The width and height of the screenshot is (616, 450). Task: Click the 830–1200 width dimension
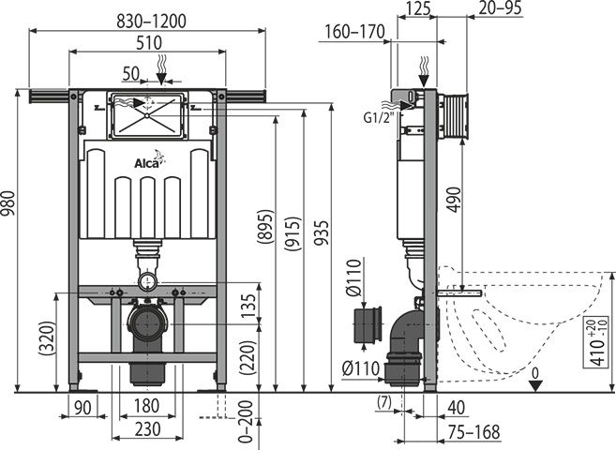point(151,22)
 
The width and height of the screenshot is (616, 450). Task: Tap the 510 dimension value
point(149,42)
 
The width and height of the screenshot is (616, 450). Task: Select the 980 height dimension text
point(8,203)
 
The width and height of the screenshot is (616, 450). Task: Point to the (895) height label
point(265,228)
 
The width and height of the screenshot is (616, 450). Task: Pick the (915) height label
point(293,233)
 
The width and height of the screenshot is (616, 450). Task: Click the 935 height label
point(322,232)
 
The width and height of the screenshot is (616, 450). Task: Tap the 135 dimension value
point(249,306)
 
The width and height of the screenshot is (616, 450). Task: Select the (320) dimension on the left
point(47,339)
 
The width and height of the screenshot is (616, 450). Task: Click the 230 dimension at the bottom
point(148,429)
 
